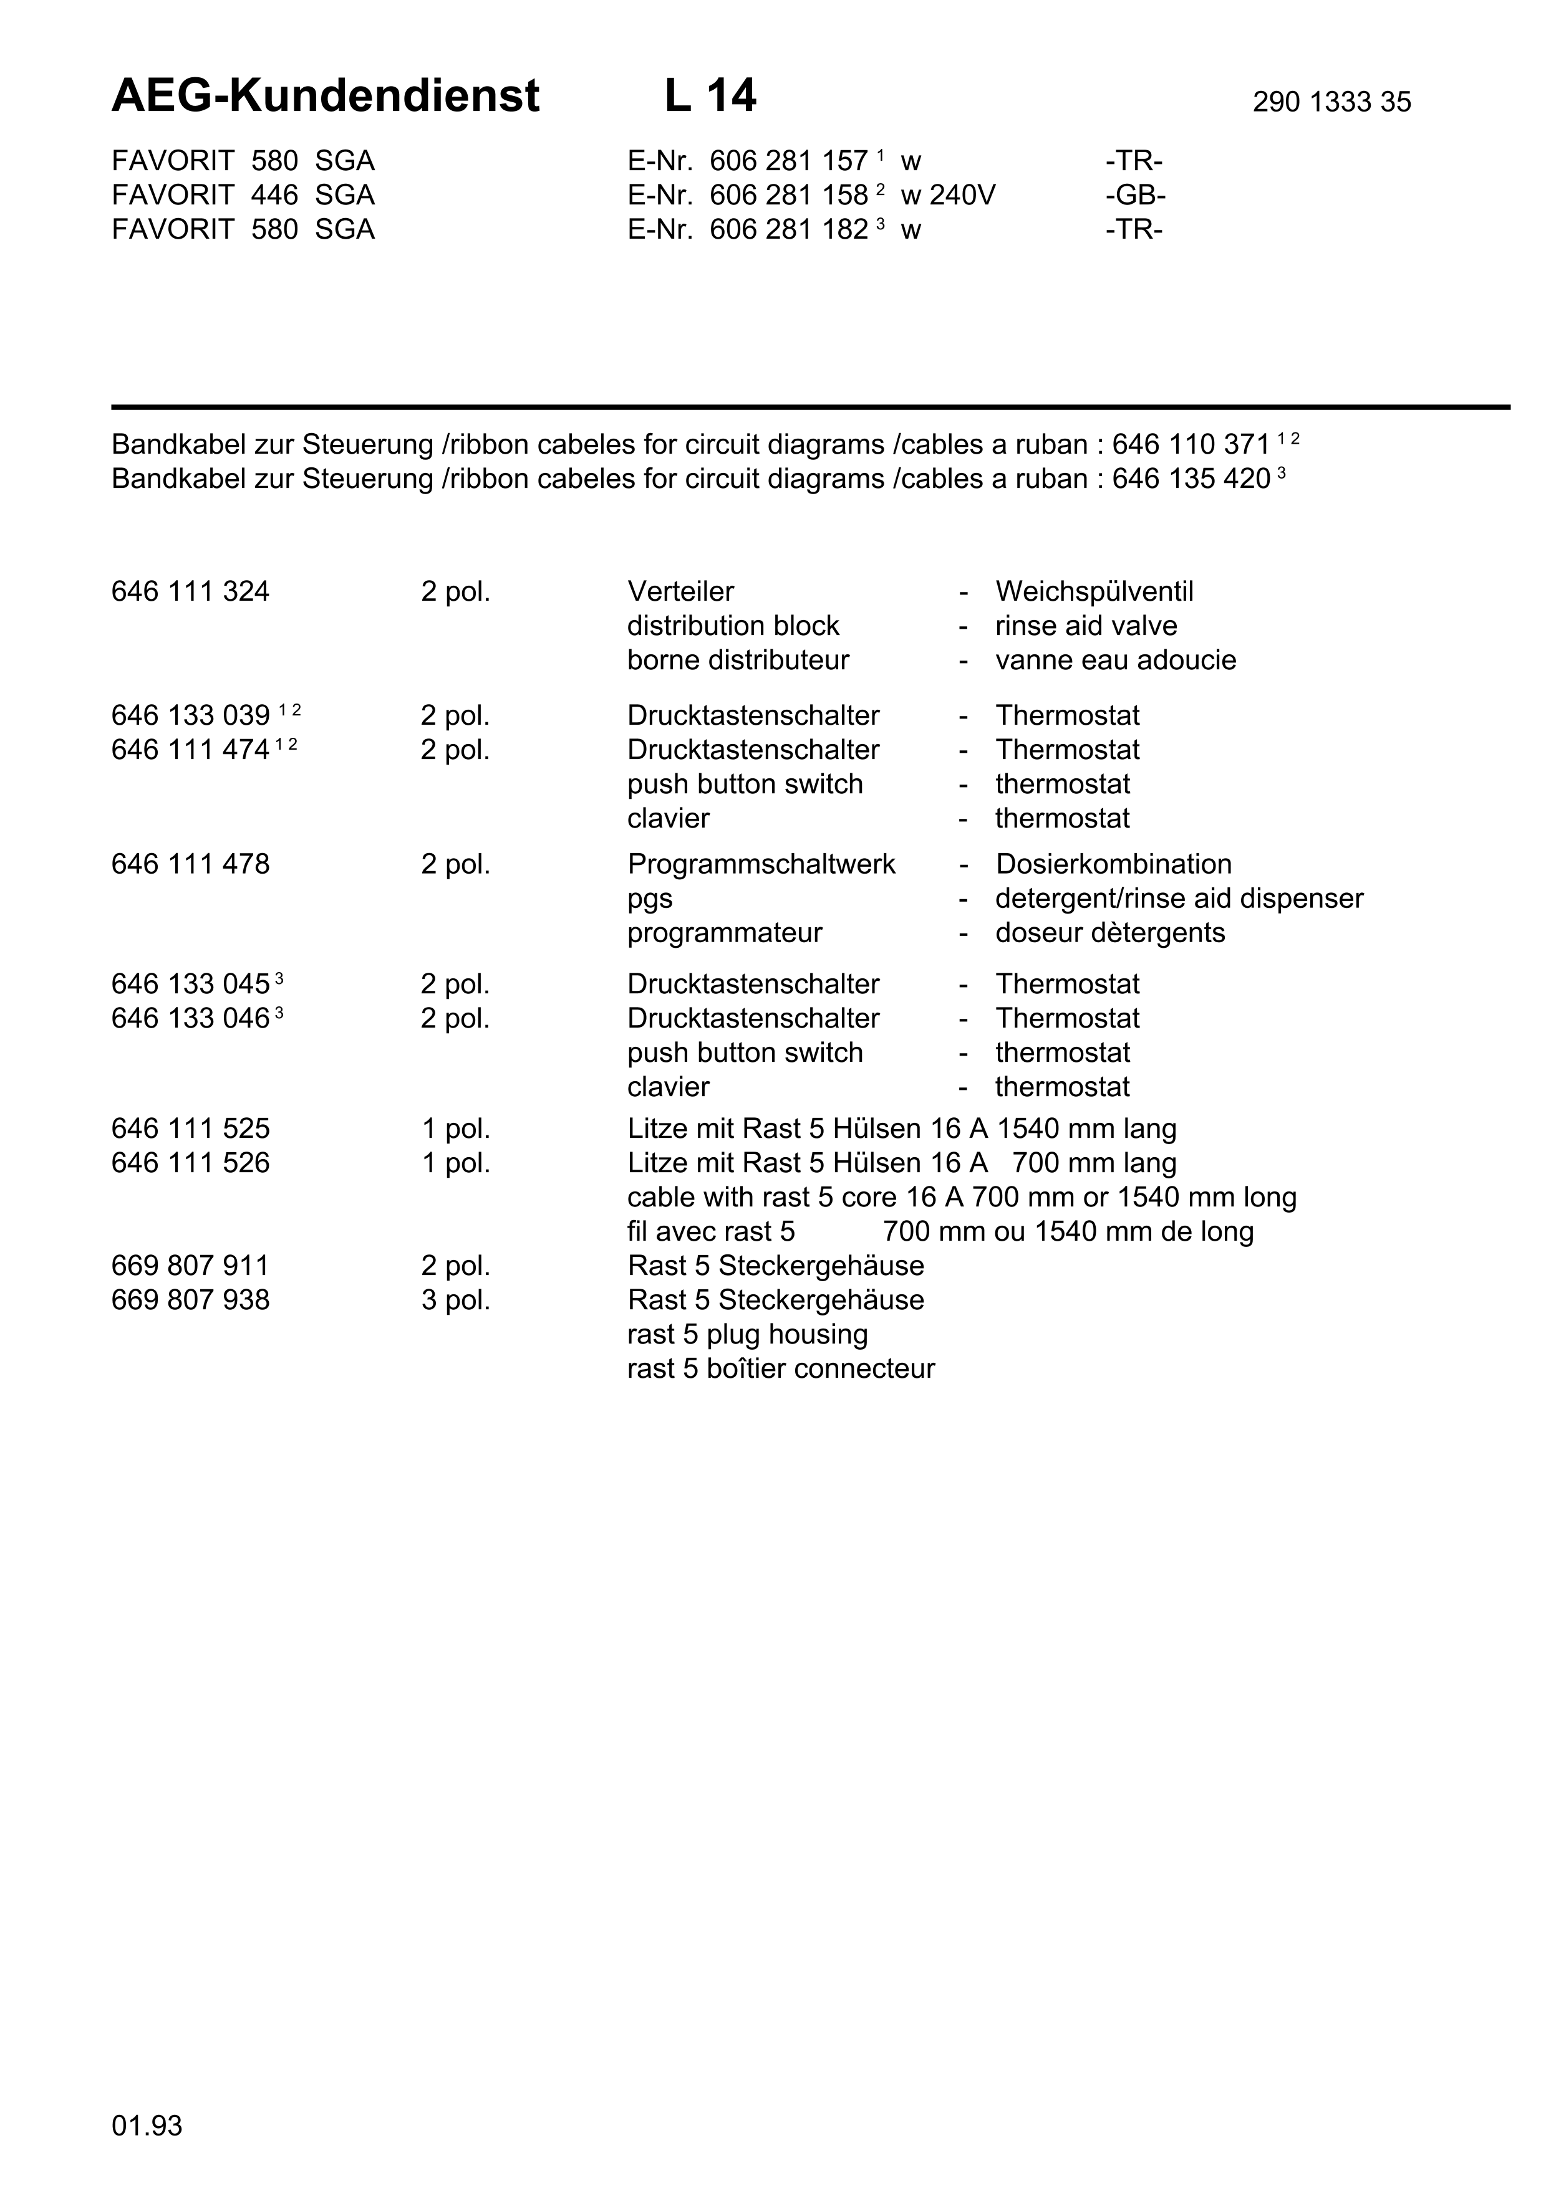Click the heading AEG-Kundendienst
click(325, 96)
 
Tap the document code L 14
click(710, 96)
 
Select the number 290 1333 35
click(1331, 102)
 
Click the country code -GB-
click(1136, 195)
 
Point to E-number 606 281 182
click(789, 229)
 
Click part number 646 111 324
click(190, 591)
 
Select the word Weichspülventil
click(1093, 591)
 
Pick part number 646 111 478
click(190, 864)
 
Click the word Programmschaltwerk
click(761, 864)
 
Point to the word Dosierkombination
click(1113, 864)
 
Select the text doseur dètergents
click(1109, 932)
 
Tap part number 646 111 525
click(190, 1129)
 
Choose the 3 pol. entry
click(455, 1300)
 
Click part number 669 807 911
click(190, 1266)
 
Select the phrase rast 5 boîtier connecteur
click(780, 1368)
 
